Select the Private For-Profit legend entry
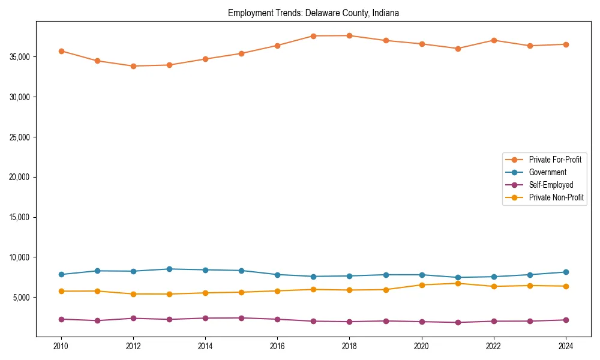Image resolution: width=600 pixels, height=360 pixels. click(x=554, y=160)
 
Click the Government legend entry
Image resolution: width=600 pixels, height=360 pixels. click(x=547, y=172)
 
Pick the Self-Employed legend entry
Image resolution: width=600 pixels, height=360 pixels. click(x=551, y=185)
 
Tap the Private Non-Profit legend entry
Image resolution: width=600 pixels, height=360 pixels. click(x=556, y=197)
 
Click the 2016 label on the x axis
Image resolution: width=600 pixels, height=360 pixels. click(x=277, y=346)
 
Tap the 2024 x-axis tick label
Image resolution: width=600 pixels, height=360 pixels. click(x=565, y=346)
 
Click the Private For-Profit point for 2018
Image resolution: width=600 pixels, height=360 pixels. click(x=349, y=35)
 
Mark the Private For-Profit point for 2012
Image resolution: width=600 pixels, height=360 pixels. click(x=133, y=66)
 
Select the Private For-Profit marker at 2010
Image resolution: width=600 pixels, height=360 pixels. click(x=61, y=51)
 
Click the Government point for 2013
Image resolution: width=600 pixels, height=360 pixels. click(x=169, y=269)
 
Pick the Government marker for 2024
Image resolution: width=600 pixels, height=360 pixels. click(x=565, y=272)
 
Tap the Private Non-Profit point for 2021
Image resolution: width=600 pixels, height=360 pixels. click(x=457, y=283)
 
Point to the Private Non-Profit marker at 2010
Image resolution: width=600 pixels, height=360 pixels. click(x=61, y=291)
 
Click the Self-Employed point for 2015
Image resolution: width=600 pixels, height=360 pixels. click(x=241, y=318)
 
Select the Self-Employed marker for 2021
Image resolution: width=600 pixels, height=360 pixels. click(x=457, y=322)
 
